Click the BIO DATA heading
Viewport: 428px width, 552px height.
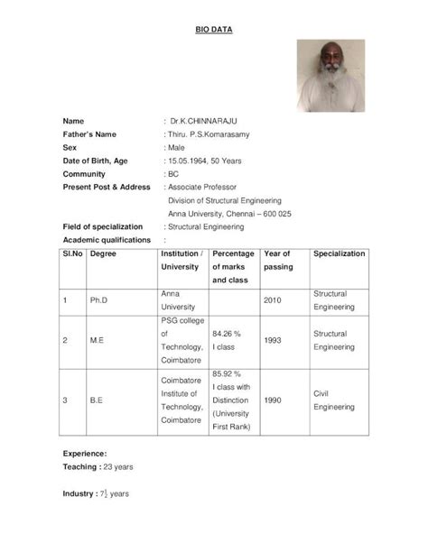tap(214, 30)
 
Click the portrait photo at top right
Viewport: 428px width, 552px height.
tap(330, 76)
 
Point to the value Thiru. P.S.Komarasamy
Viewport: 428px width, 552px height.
tap(208, 133)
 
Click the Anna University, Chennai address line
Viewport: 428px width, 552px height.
tap(229, 214)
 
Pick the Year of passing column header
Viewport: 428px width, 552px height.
tap(278, 261)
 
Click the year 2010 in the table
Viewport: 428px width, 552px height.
tap(274, 300)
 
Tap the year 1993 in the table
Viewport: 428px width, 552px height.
tap(274, 340)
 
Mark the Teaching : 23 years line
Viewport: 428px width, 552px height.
tap(98, 467)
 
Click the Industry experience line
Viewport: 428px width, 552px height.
tap(96, 494)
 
